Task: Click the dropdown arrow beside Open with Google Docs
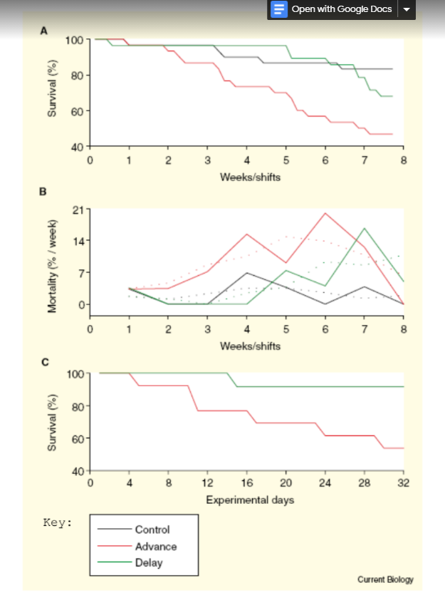click(x=407, y=10)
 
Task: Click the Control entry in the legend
click(x=152, y=529)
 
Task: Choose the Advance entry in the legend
click(x=155, y=546)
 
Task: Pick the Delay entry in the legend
click(x=150, y=563)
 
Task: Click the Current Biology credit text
click(x=385, y=579)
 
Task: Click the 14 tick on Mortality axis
click(x=78, y=241)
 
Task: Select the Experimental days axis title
click(x=250, y=500)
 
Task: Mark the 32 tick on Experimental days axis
click(x=403, y=482)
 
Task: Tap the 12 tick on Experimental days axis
click(x=208, y=482)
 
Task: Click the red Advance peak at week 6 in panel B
click(x=325, y=213)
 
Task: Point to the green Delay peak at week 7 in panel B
click(x=365, y=228)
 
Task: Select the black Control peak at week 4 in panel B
click(x=246, y=273)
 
